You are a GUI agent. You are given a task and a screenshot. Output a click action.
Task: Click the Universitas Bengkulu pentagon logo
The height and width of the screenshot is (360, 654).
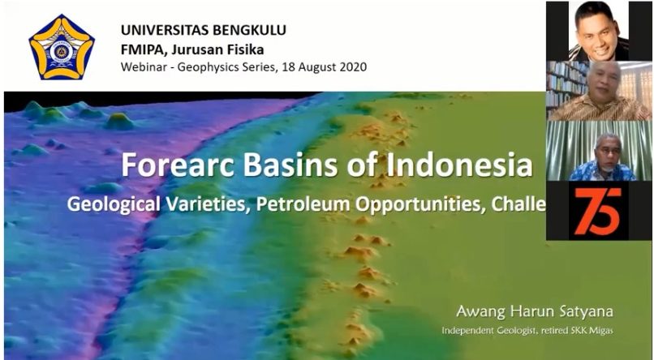[62, 47]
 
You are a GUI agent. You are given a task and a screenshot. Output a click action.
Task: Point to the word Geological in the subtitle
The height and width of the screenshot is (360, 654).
[114, 204]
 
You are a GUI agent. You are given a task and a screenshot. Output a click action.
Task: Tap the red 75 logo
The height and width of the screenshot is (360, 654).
[598, 211]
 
